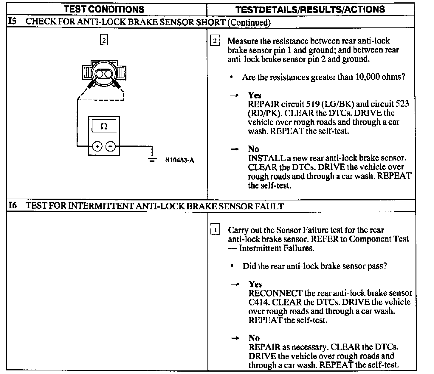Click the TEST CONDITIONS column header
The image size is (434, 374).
click(104, 9)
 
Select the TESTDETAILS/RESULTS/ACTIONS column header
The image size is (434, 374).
click(310, 10)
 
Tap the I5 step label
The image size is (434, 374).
click(12, 22)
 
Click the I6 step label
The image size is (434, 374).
click(12, 205)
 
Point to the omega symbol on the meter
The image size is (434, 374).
click(104, 126)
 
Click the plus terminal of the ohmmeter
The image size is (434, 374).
click(97, 146)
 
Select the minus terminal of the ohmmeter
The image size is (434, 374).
click(110, 146)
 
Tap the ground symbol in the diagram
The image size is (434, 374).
click(152, 158)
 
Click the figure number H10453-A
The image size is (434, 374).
click(179, 160)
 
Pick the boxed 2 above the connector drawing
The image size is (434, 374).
click(104, 40)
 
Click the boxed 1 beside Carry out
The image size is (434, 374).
click(215, 230)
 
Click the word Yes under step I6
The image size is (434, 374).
click(255, 284)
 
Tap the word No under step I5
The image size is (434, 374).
click(253, 149)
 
